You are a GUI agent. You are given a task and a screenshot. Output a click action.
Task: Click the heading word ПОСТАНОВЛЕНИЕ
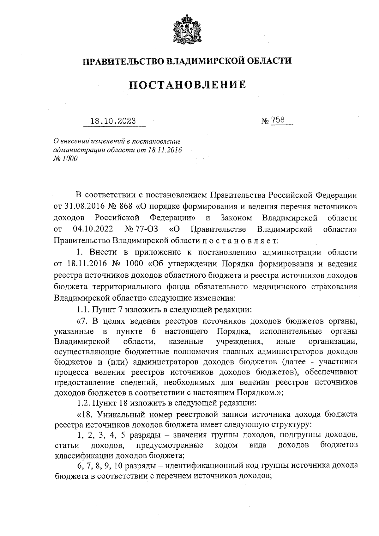point(188,84)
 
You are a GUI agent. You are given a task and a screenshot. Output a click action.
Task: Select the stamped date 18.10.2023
point(113,121)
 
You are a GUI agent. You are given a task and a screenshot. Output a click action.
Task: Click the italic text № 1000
point(65,158)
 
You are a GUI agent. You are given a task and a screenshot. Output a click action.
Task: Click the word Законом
point(236,218)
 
